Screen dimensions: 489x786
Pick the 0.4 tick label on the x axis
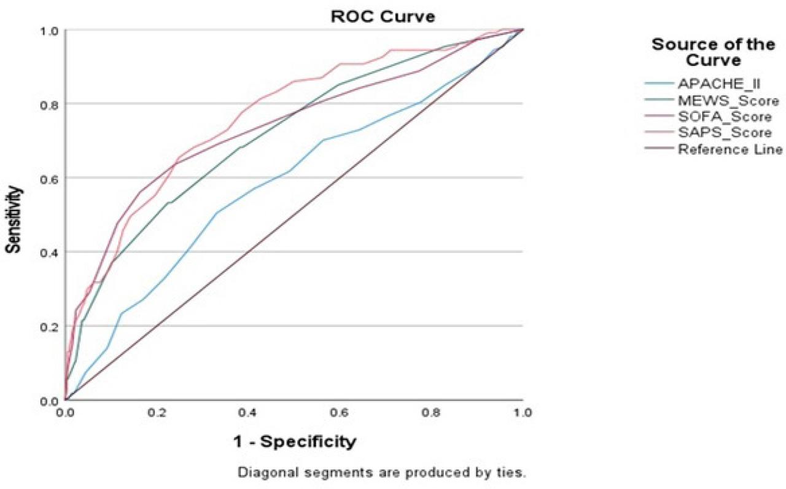248,412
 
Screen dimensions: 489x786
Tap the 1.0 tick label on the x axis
522,412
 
